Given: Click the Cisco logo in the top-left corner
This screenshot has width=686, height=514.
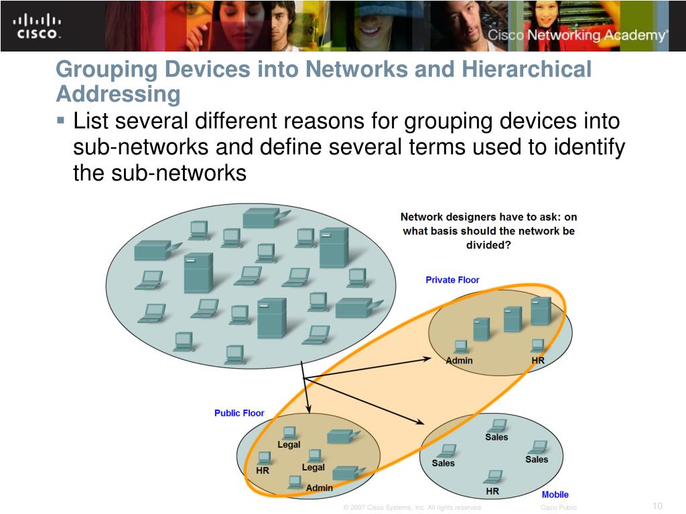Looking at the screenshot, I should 38,25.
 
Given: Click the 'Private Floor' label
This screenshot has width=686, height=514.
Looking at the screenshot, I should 452,280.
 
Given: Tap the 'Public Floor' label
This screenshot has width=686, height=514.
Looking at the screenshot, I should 239,413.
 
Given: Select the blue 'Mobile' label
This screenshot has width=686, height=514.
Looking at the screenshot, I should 555,495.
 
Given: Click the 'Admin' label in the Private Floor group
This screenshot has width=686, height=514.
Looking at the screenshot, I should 459,361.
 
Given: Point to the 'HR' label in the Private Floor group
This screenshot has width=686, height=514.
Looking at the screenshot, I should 538,361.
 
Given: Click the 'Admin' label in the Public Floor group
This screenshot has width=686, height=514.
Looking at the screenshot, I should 319,488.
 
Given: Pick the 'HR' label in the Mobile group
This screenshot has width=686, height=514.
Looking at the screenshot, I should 492,491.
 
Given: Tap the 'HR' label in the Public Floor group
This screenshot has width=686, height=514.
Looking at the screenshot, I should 263,470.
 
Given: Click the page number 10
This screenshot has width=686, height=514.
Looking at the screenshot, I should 657,505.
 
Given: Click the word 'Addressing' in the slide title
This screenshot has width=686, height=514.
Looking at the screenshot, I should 118,94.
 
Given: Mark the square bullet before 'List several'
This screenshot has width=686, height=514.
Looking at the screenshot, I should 60,122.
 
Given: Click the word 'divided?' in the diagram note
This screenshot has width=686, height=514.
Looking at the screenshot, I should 488,245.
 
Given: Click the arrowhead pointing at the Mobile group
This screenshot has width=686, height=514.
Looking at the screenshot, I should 421,422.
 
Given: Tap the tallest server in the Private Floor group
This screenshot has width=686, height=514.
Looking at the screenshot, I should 540,311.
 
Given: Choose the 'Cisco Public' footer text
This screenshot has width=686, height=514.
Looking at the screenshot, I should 559,508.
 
